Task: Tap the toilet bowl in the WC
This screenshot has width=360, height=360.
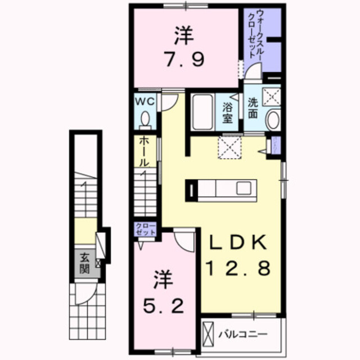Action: (146, 120)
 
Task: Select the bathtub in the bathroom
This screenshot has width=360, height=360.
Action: (201, 112)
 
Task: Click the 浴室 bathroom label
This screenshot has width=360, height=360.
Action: (228, 112)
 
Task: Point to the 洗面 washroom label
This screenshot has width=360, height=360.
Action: (253, 108)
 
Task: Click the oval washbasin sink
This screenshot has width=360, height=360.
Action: (273, 120)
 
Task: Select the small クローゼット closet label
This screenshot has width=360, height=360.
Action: (145, 229)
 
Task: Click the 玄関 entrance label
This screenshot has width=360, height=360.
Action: (84, 263)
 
